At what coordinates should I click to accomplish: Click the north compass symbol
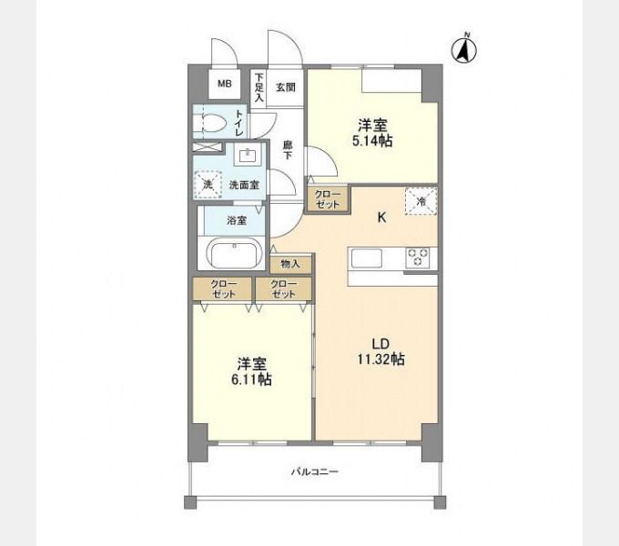tap(464, 50)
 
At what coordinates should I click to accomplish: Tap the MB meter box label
tap(225, 84)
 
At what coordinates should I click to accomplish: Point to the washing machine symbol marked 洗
tap(208, 185)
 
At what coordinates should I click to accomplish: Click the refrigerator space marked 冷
tap(421, 201)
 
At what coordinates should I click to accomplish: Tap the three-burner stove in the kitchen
tap(418, 258)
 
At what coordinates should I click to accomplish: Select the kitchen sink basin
tap(367, 258)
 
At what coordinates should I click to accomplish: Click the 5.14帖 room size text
tap(372, 141)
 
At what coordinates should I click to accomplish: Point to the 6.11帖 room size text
tap(251, 379)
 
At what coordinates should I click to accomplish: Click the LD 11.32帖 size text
tap(381, 352)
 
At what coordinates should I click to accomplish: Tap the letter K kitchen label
tap(381, 217)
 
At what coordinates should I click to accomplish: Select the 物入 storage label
tap(290, 264)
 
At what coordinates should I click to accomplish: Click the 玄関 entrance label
tap(286, 87)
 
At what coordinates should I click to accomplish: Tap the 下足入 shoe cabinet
tap(259, 87)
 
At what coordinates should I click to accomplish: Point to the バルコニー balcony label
tap(315, 471)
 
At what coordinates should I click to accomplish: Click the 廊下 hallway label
tap(288, 150)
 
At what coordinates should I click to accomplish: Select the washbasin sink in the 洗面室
tap(248, 155)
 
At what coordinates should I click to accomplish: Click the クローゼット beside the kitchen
tap(328, 199)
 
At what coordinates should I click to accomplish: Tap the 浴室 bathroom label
tap(237, 220)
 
